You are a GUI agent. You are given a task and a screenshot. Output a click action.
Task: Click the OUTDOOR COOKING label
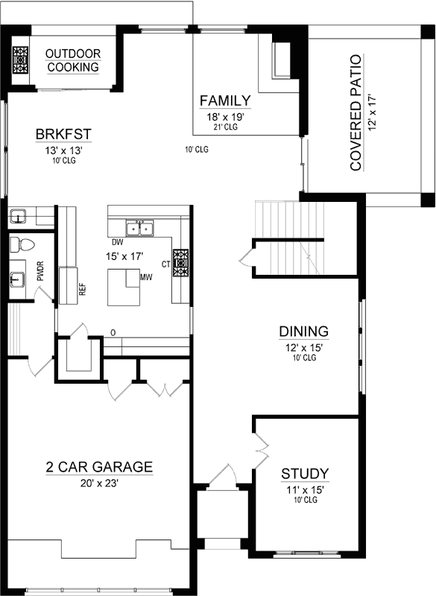coord(73,60)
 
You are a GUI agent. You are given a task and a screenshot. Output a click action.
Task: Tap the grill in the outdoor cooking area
coord(20,60)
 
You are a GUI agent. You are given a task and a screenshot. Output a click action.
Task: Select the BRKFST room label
coord(63,135)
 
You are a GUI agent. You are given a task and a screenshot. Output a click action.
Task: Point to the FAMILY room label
coord(225,101)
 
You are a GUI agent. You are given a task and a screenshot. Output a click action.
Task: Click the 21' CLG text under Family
coord(225,127)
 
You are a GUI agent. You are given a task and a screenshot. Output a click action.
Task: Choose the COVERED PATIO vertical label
coord(356,112)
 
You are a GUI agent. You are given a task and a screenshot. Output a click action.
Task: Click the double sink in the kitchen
coord(140,227)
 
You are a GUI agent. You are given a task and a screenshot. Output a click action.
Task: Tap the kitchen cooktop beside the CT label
coord(181,262)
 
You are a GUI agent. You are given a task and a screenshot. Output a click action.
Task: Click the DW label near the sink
coord(117,242)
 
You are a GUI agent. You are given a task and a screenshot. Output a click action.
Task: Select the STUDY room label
coord(305,474)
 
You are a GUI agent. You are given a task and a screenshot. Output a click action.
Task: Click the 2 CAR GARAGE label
coord(99,467)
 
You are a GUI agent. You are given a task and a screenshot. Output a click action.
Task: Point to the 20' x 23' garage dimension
coord(99,482)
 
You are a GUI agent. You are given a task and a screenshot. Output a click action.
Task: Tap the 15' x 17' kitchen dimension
coord(128,256)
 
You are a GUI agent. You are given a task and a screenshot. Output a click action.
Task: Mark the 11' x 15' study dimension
coord(305,489)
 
